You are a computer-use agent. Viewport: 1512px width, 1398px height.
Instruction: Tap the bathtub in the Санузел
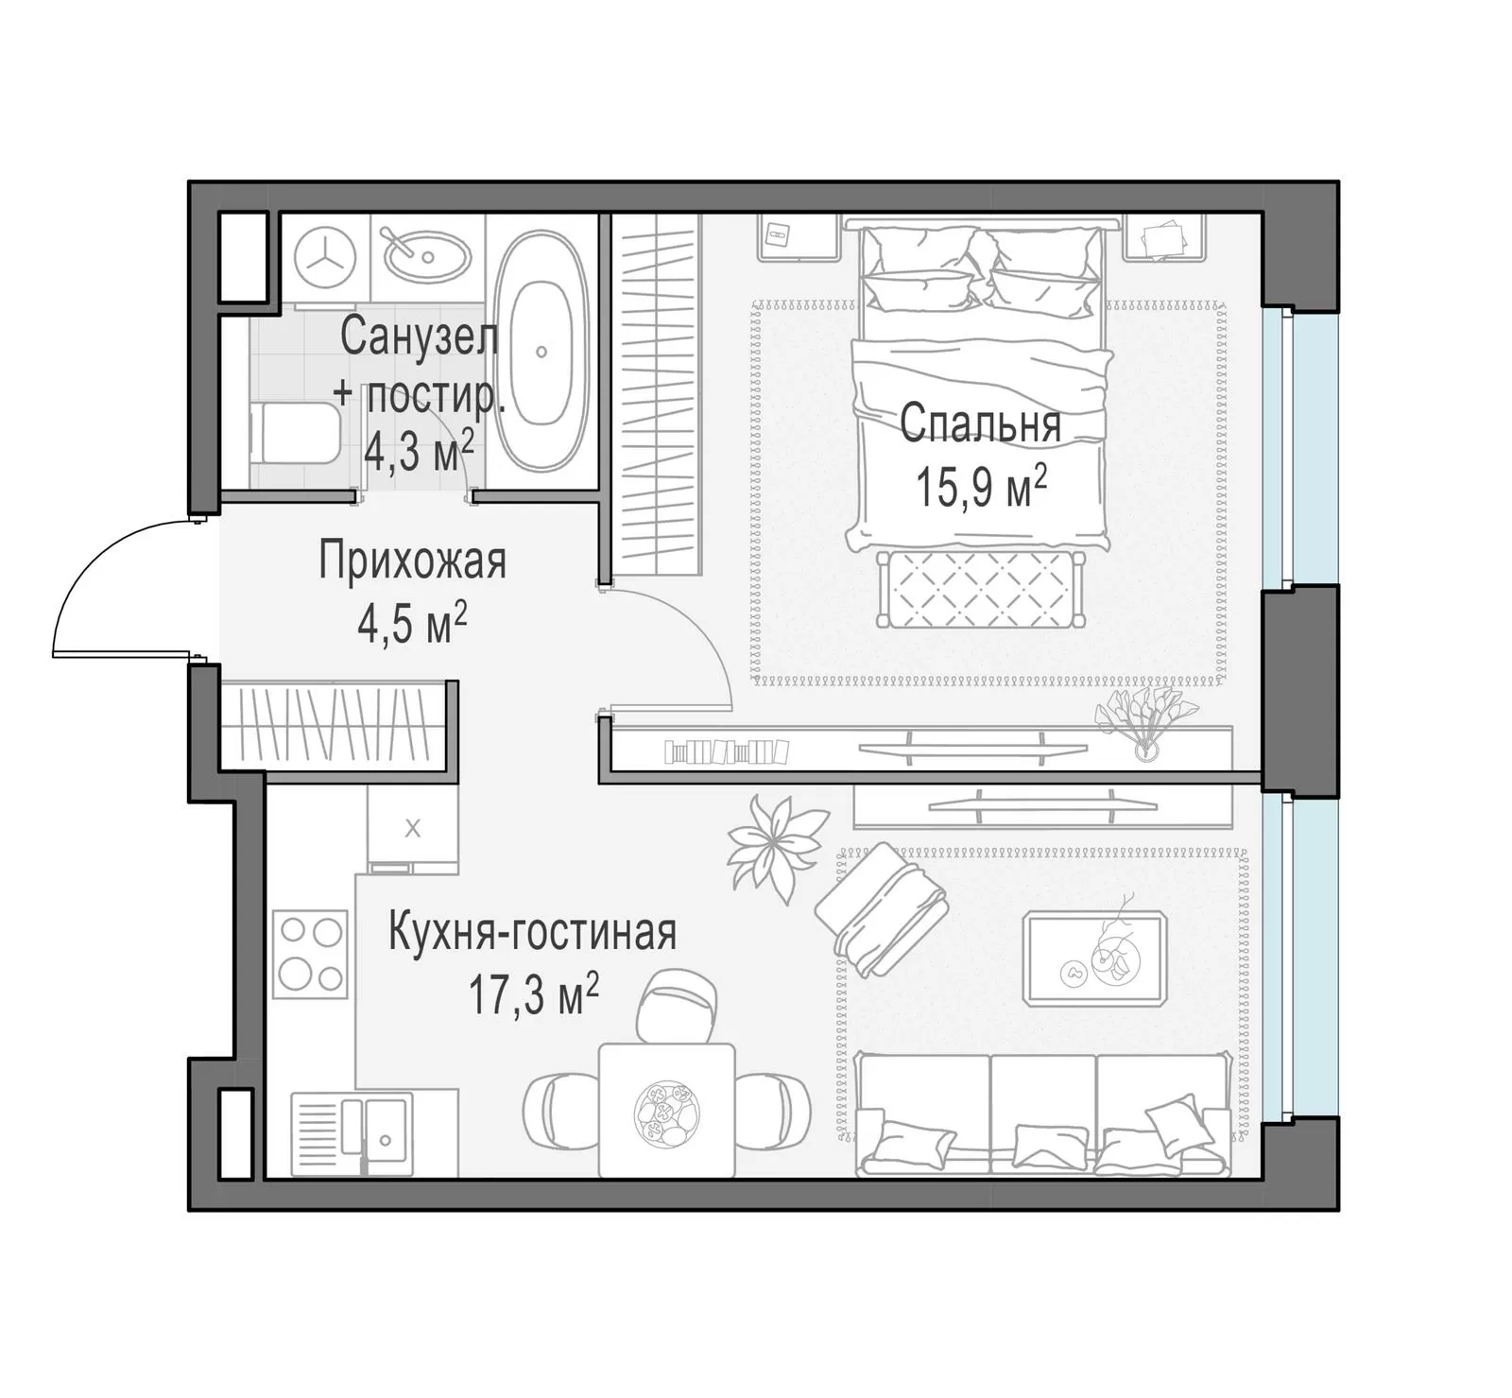(x=542, y=352)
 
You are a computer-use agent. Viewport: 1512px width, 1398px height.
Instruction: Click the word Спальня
(x=980, y=423)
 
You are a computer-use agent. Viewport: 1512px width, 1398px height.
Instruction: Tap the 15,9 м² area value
(x=980, y=488)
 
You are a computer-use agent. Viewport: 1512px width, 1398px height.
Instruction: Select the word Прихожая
(x=413, y=561)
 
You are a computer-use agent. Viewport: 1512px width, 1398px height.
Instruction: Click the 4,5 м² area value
(x=413, y=624)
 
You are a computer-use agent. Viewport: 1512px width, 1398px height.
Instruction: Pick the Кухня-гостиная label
(x=533, y=933)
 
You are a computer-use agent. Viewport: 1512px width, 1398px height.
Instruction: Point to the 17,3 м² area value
(x=534, y=994)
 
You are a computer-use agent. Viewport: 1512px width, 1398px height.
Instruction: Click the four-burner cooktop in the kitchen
(x=310, y=954)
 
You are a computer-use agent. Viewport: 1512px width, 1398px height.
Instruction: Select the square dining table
(x=667, y=1110)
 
